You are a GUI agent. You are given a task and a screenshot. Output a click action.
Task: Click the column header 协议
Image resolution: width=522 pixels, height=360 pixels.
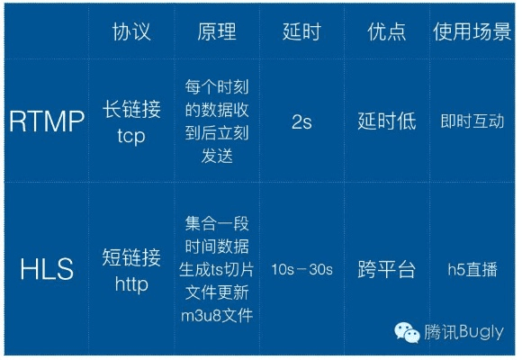131,32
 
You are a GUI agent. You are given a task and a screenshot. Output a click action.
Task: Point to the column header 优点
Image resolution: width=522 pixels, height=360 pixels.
386,32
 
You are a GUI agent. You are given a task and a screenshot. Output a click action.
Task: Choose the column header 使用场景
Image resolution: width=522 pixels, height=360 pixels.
471,32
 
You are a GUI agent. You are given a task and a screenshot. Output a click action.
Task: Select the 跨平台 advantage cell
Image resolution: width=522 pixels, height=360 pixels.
386,269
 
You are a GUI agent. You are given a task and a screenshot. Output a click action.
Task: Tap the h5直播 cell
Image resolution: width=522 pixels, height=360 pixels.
472,269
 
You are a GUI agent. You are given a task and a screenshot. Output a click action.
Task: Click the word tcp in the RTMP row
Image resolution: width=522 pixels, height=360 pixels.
131,135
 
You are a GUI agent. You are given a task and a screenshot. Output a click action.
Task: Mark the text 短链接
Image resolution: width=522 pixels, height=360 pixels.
131,257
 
